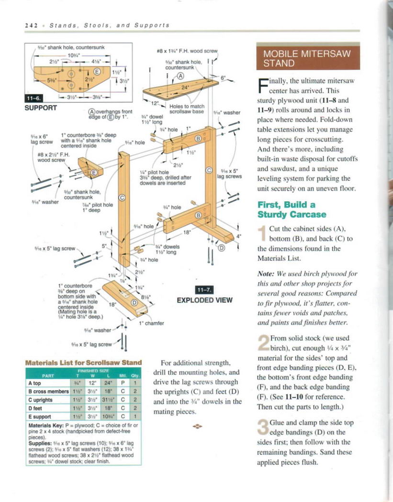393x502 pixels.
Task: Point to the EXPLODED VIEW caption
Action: (x=204, y=300)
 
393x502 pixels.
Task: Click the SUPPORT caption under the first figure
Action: (x=41, y=107)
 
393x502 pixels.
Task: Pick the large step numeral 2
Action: (x=263, y=343)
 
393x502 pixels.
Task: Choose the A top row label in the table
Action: (x=38, y=383)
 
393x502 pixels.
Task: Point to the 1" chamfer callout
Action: (x=151, y=323)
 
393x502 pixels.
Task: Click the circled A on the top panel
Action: (x=180, y=76)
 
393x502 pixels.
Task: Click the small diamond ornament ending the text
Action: (x=197, y=425)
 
